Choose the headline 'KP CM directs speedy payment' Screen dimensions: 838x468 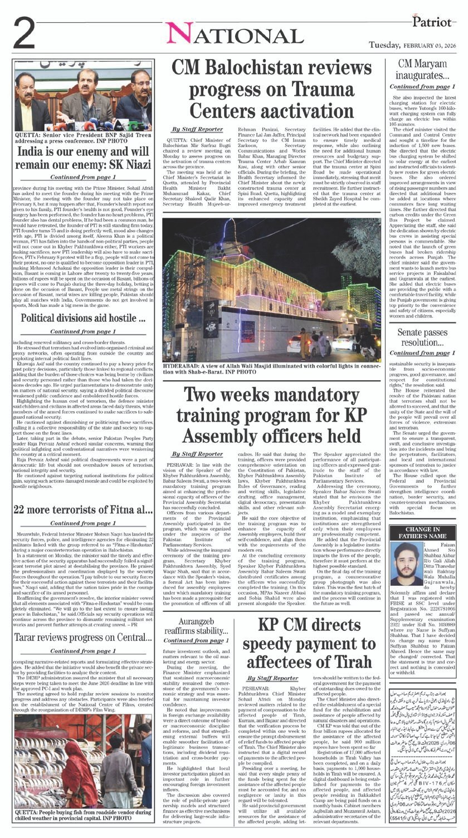pos(309,644)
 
